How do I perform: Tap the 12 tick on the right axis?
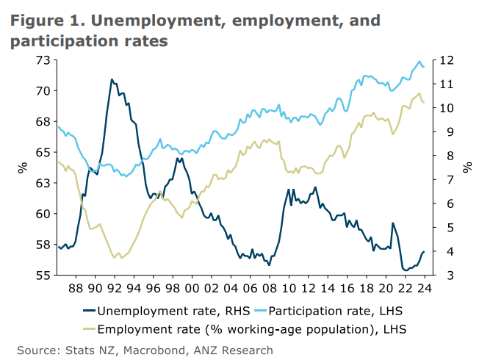coord(444,60)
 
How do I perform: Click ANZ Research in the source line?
coord(228,350)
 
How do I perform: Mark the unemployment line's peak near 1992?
coord(112,79)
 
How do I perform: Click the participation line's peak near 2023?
coord(419,62)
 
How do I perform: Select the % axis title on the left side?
coord(23,168)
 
